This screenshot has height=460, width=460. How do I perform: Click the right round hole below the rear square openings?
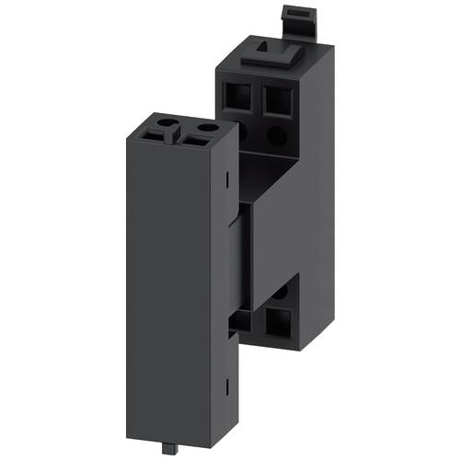277,134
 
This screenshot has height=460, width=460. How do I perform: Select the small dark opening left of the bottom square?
241,319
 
